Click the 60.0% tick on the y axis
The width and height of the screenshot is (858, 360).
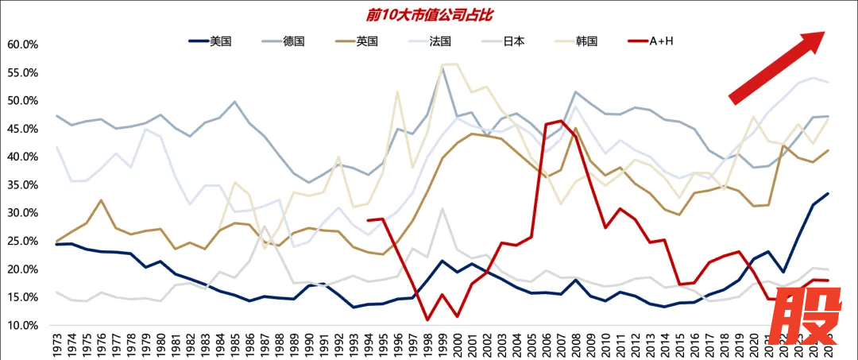point(22,45)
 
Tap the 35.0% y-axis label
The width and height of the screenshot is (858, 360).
point(22,185)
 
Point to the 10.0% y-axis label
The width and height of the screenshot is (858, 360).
point(22,326)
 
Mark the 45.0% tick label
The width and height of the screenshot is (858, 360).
point(22,129)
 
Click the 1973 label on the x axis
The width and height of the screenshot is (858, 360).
point(56,343)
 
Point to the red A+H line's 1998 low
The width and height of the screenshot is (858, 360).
point(427,319)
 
